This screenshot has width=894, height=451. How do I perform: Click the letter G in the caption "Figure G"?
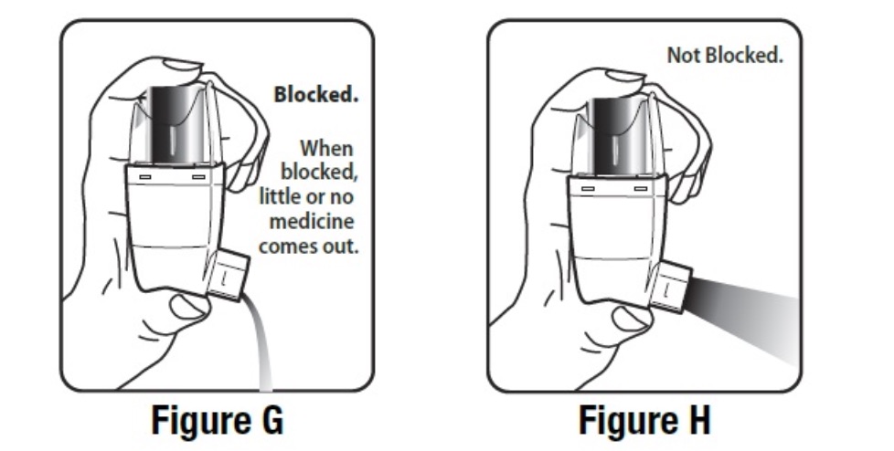click(269, 420)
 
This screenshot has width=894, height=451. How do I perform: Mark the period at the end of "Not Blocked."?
click(780, 61)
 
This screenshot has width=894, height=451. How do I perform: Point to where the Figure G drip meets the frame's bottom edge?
click(266, 391)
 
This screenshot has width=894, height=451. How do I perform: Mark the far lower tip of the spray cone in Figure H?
click(798, 363)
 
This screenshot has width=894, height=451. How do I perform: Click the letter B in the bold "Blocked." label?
click(281, 95)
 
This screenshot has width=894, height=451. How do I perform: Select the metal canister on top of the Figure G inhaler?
click(172, 124)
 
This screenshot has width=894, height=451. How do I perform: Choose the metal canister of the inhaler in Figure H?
click(617, 137)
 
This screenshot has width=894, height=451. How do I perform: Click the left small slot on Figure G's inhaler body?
click(144, 177)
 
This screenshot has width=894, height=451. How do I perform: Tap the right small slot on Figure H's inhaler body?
click(641, 188)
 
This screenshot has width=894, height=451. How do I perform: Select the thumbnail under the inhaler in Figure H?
click(631, 320)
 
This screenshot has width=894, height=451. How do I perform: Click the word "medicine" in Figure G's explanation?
click(312, 221)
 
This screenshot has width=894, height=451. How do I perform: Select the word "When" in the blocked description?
click(326, 149)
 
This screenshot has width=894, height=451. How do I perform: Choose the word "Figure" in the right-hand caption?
click(625, 420)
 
